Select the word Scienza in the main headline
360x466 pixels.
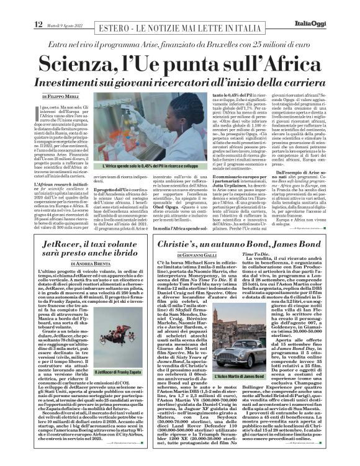coord(79,65)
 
